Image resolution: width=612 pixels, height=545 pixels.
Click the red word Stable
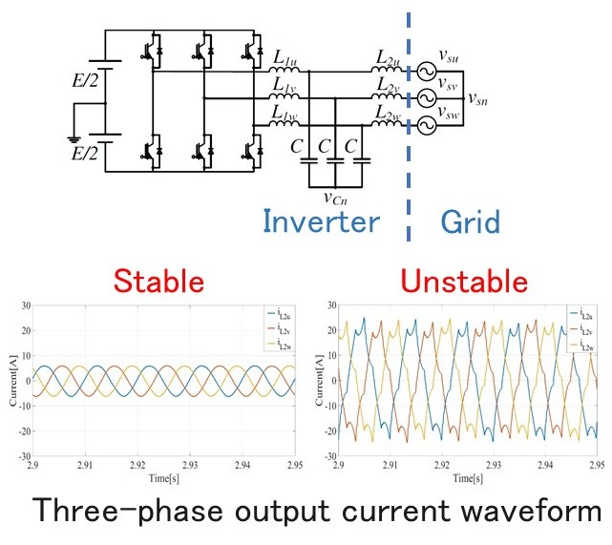pyautogui.click(x=159, y=281)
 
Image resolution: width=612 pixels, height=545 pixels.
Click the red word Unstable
pyautogui.click(x=464, y=281)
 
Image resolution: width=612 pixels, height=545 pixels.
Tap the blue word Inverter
pyautogui.click(x=320, y=222)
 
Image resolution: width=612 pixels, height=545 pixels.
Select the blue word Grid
pyautogui.click(x=470, y=222)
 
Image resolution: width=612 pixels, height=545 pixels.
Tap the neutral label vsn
pyautogui.click(x=478, y=96)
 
